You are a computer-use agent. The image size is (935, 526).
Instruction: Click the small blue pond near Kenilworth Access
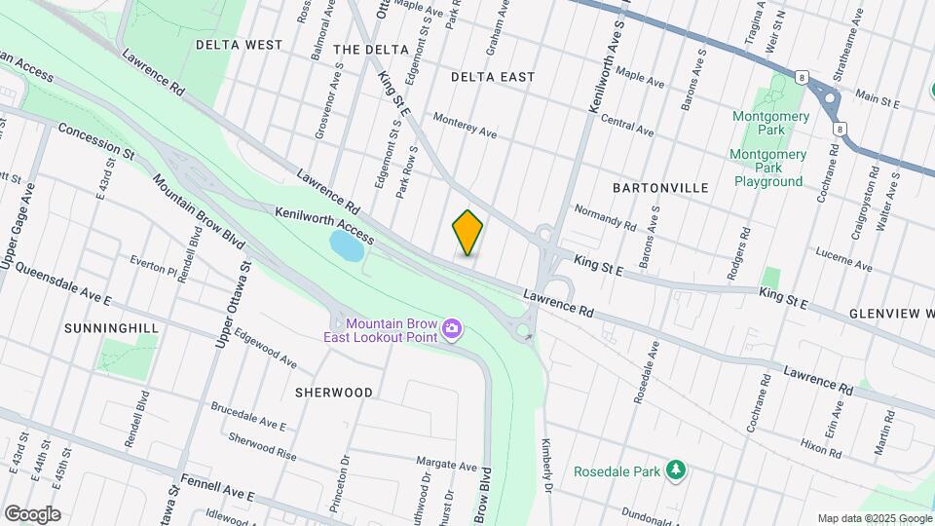pos(347,245)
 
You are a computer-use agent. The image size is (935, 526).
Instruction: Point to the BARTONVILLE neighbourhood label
pos(660,186)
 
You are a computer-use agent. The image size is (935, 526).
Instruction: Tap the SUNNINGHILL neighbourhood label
pos(111,328)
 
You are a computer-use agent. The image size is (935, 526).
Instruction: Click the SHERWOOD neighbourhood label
pos(334,393)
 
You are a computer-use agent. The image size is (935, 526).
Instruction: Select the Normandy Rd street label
pos(605,215)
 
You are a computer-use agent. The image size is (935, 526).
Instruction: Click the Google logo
pos(32,513)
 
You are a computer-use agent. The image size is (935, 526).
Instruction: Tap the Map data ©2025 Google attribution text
pos(873,517)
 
